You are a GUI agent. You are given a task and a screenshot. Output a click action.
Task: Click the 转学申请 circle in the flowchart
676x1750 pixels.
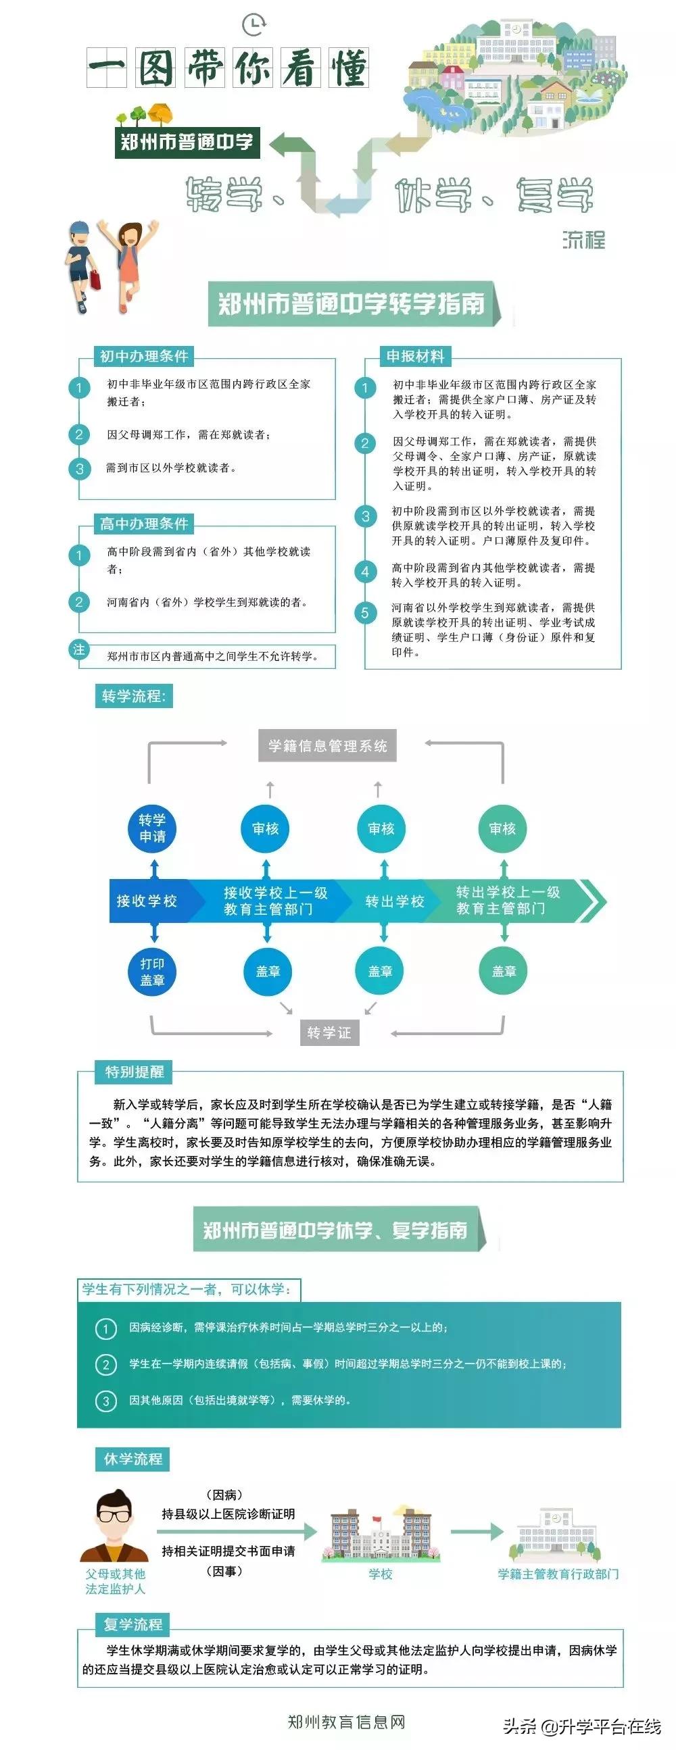(152, 828)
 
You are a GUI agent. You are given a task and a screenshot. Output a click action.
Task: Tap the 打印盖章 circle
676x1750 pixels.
(152, 972)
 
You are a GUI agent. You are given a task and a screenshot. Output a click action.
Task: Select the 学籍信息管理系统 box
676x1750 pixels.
(327, 746)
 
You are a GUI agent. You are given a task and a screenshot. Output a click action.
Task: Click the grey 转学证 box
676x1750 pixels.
(329, 1032)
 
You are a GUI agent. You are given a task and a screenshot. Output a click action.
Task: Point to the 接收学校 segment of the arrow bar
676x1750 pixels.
(147, 901)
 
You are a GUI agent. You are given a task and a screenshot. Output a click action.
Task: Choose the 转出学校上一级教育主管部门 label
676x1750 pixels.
(508, 901)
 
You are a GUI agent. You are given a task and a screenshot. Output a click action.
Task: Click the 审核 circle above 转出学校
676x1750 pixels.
(381, 828)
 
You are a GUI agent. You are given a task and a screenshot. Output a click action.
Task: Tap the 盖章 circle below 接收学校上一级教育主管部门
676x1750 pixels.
(268, 972)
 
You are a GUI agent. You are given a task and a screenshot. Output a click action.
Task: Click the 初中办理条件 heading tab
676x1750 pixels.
(144, 356)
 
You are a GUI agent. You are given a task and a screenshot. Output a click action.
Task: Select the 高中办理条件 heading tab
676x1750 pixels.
(144, 524)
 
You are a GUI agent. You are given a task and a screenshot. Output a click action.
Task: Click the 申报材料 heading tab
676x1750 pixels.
(415, 356)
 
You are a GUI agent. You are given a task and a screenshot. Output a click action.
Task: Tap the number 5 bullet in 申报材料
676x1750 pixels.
(365, 613)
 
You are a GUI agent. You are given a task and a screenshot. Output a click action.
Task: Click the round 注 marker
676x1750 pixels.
(80, 649)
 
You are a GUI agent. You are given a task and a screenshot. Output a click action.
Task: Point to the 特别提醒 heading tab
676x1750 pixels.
(135, 1072)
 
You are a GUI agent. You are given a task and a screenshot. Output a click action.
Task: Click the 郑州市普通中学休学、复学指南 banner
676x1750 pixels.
(336, 1230)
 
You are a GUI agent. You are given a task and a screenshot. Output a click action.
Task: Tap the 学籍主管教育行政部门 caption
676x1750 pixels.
(558, 1574)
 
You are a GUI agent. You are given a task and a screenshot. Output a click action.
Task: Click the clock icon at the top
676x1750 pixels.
(254, 24)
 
